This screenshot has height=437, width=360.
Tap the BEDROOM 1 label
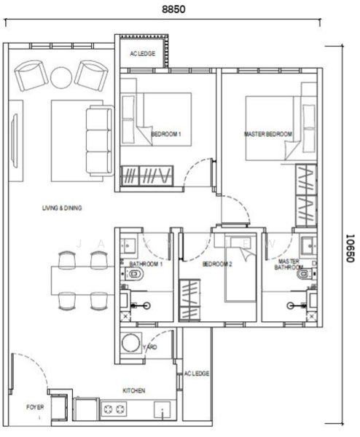click(x=165, y=134)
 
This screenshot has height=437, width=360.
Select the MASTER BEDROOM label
click(x=267, y=134)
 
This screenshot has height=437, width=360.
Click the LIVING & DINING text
click(x=62, y=208)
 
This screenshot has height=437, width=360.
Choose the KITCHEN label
click(x=133, y=390)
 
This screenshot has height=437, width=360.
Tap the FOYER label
click(x=35, y=407)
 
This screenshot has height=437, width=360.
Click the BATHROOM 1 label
click(x=146, y=264)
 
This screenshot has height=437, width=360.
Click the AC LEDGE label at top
click(x=142, y=52)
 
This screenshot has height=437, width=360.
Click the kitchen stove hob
click(x=116, y=410)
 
